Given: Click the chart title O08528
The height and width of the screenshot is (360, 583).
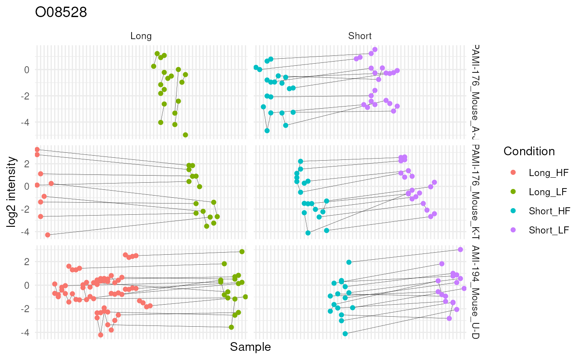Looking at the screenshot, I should [61, 13].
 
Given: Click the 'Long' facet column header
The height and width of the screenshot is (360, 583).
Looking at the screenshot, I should [141, 36].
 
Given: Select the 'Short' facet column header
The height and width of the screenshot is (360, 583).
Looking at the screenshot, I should [360, 36].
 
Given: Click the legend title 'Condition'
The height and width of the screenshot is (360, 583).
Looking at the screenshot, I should [529, 151].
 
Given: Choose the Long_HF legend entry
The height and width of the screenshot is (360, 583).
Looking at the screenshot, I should [548, 172].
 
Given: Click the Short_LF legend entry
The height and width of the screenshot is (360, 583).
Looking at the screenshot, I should [548, 230].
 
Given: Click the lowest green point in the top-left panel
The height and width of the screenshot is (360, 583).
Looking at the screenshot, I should [185, 135].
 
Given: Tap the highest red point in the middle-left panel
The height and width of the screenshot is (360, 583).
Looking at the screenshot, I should [37, 149].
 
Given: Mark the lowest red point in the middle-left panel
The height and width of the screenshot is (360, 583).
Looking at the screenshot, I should [47, 235].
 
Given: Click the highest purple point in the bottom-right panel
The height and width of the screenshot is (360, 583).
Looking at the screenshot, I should [460, 249].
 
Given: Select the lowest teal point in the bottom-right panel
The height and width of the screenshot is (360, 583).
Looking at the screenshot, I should [345, 333].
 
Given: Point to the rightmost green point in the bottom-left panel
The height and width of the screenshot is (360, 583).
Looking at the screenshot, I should [245, 297].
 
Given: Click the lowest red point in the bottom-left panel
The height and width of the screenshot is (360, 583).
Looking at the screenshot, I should [100, 335].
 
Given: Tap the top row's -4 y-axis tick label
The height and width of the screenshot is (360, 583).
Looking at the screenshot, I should [26, 122].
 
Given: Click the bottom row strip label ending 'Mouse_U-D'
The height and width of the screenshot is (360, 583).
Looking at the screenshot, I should [475, 291].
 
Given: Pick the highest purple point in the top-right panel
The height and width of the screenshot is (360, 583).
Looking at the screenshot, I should [375, 50].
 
